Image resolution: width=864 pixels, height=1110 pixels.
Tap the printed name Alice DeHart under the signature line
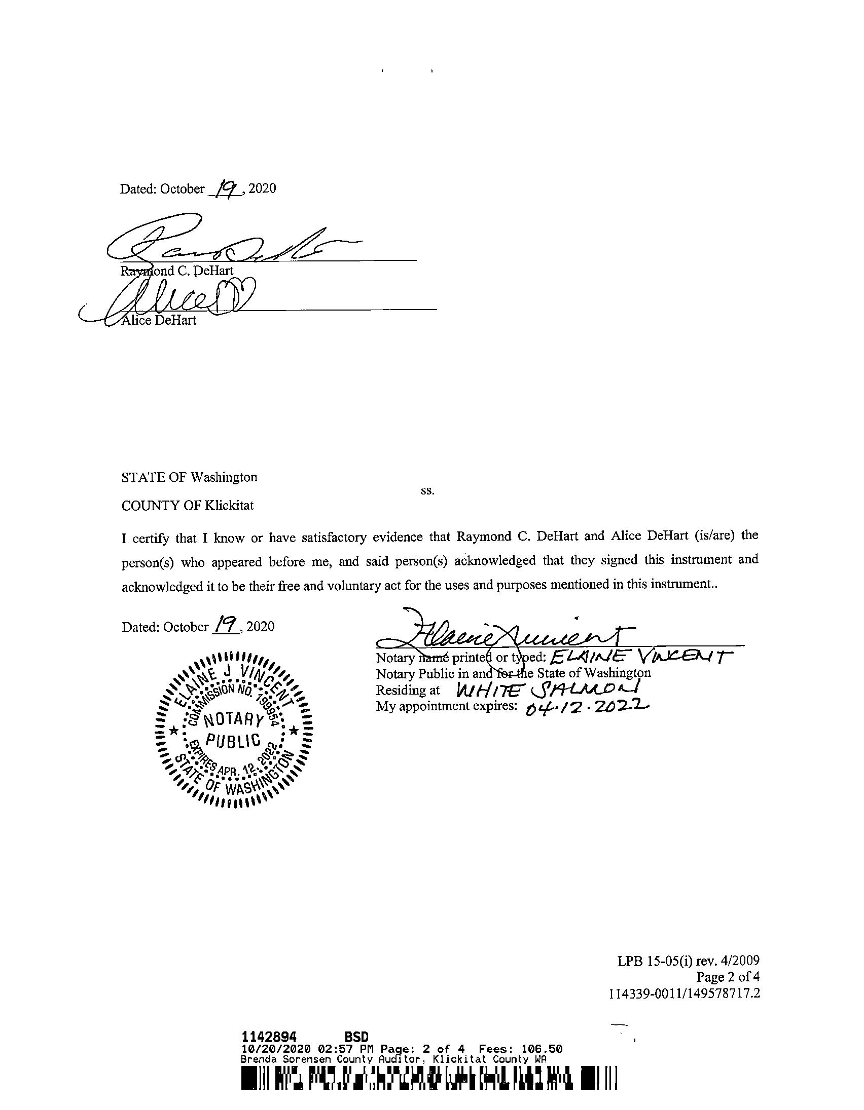point(159,320)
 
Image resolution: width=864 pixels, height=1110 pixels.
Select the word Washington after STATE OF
point(224,477)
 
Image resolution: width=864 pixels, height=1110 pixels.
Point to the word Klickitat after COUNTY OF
point(229,506)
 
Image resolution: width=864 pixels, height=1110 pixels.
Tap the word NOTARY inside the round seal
point(233,719)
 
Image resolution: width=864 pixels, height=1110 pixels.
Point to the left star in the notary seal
point(173,731)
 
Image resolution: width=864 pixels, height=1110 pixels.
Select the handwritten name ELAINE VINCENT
point(638,658)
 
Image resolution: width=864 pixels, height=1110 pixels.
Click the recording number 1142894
point(269,1037)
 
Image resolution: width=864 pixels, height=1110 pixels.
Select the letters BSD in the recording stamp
point(356,1037)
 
